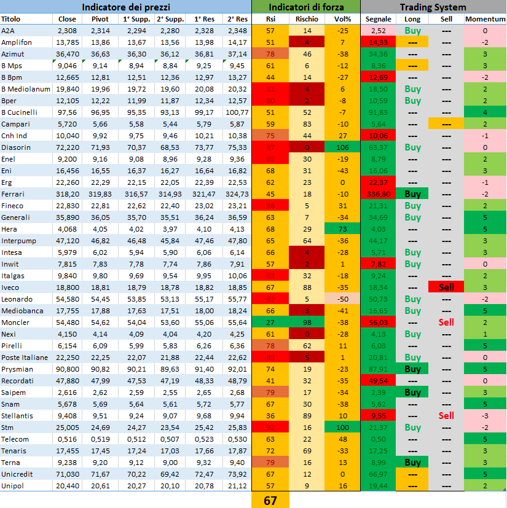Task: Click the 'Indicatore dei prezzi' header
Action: pyautogui.click(x=126, y=7)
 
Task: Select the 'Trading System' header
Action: pyautogui.click(x=433, y=7)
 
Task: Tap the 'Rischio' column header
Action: pyautogui.click(x=307, y=19)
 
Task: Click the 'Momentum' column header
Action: pyautogui.click(x=485, y=19)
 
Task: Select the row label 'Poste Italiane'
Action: pyautogui.click(x=25, y=358)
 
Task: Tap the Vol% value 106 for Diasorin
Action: pyautogui.click(x=342, y=147)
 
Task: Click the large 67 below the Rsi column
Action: pyautogui.click(x=270, y=501)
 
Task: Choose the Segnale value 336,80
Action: pyautogui.click(x=378, y=194)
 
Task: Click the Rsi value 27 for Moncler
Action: pyautogui.click(x=270, y=322)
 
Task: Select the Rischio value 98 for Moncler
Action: pyautogui.click(x=307, y=322)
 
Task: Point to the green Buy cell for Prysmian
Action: pyautogui.click(x=412, y=369)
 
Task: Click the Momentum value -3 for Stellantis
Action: pyautogui.click(x=485, y=416)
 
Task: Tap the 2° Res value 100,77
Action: pyautogui.click(x=237, y=112)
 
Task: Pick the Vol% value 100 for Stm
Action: pyautogui.click(x=342, y=428)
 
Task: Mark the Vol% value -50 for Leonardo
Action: pyautogui.click(x=342, y=299)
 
